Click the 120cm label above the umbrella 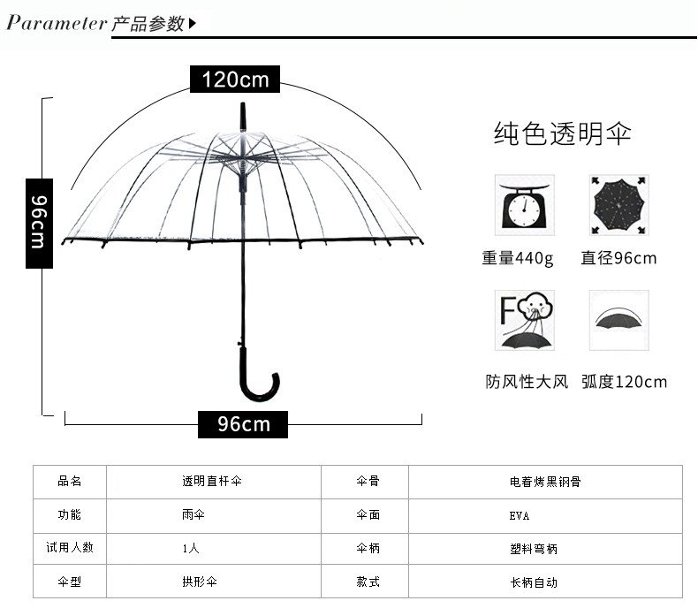coord(235,80)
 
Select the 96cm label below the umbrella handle coord(244,424)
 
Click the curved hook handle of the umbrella coord(262,389)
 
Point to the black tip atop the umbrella coord(241,115)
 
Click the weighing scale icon coord(524,205)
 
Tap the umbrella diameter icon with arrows coord(618,205)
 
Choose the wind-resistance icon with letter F coord(524,321)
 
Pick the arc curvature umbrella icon coord(618,319)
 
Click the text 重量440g coord(518,259)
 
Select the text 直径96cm coord(618,259)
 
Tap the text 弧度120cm coord(624,382)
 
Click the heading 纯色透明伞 coord(562,134)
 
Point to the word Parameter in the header coord(57,23)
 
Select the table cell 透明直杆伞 coord(212,482)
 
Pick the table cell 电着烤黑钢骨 coord(545,482)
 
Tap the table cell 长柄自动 coord(534,582)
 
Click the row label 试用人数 coord(70,548)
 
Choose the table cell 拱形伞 coord(200,582)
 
